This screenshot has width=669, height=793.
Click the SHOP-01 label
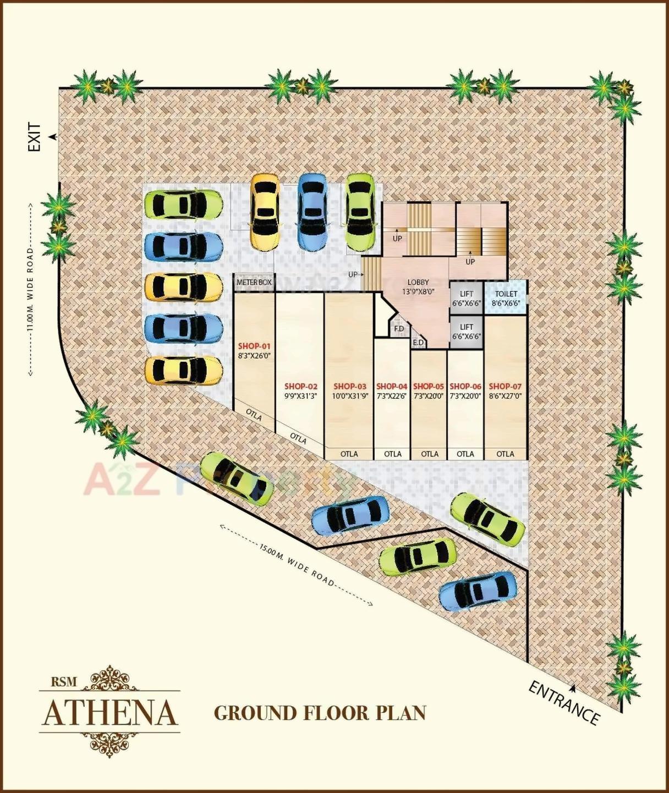point(254,346)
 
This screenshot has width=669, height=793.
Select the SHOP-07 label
point(505,387)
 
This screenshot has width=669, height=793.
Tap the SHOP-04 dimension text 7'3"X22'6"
point(392,396)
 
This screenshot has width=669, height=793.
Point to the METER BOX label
point(254,282)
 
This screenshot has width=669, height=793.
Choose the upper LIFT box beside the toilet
point(467,298)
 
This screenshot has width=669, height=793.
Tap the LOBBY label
point(418,282)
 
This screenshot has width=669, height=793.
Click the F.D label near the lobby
point(399,329)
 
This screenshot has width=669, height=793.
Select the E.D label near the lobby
point(418,343)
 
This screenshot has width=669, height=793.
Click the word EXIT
point(35,137)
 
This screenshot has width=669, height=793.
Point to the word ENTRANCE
point(564,703)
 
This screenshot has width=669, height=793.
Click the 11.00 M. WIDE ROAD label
point(30,289)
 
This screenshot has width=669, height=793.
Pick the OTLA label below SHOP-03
point(349,454)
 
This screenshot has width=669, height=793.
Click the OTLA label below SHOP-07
point(505,454)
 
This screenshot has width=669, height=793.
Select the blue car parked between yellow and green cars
point(312,212)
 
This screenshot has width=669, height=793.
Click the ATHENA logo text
point(110,713)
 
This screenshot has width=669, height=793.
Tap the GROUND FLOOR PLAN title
point(320,713)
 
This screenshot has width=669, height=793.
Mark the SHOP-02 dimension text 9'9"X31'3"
point(300,396)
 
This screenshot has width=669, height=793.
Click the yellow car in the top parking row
point(265,212)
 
